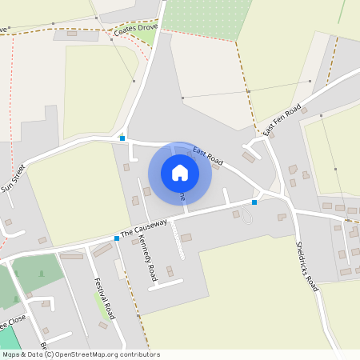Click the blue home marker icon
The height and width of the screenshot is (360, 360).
click(x=180, y=172)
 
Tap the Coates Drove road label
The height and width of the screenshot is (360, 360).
click(x=136, y=29)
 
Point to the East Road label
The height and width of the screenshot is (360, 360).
click(x=207, y=155)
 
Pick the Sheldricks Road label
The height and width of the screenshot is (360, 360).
click(x=307, y=265)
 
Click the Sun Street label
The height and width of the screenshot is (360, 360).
click(x=14, y=178)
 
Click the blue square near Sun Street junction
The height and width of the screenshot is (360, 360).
click(x=122, y=138)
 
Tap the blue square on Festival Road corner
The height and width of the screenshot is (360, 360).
click(x=117, y=238)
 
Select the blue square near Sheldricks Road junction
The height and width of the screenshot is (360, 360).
click(x=254, y=202)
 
